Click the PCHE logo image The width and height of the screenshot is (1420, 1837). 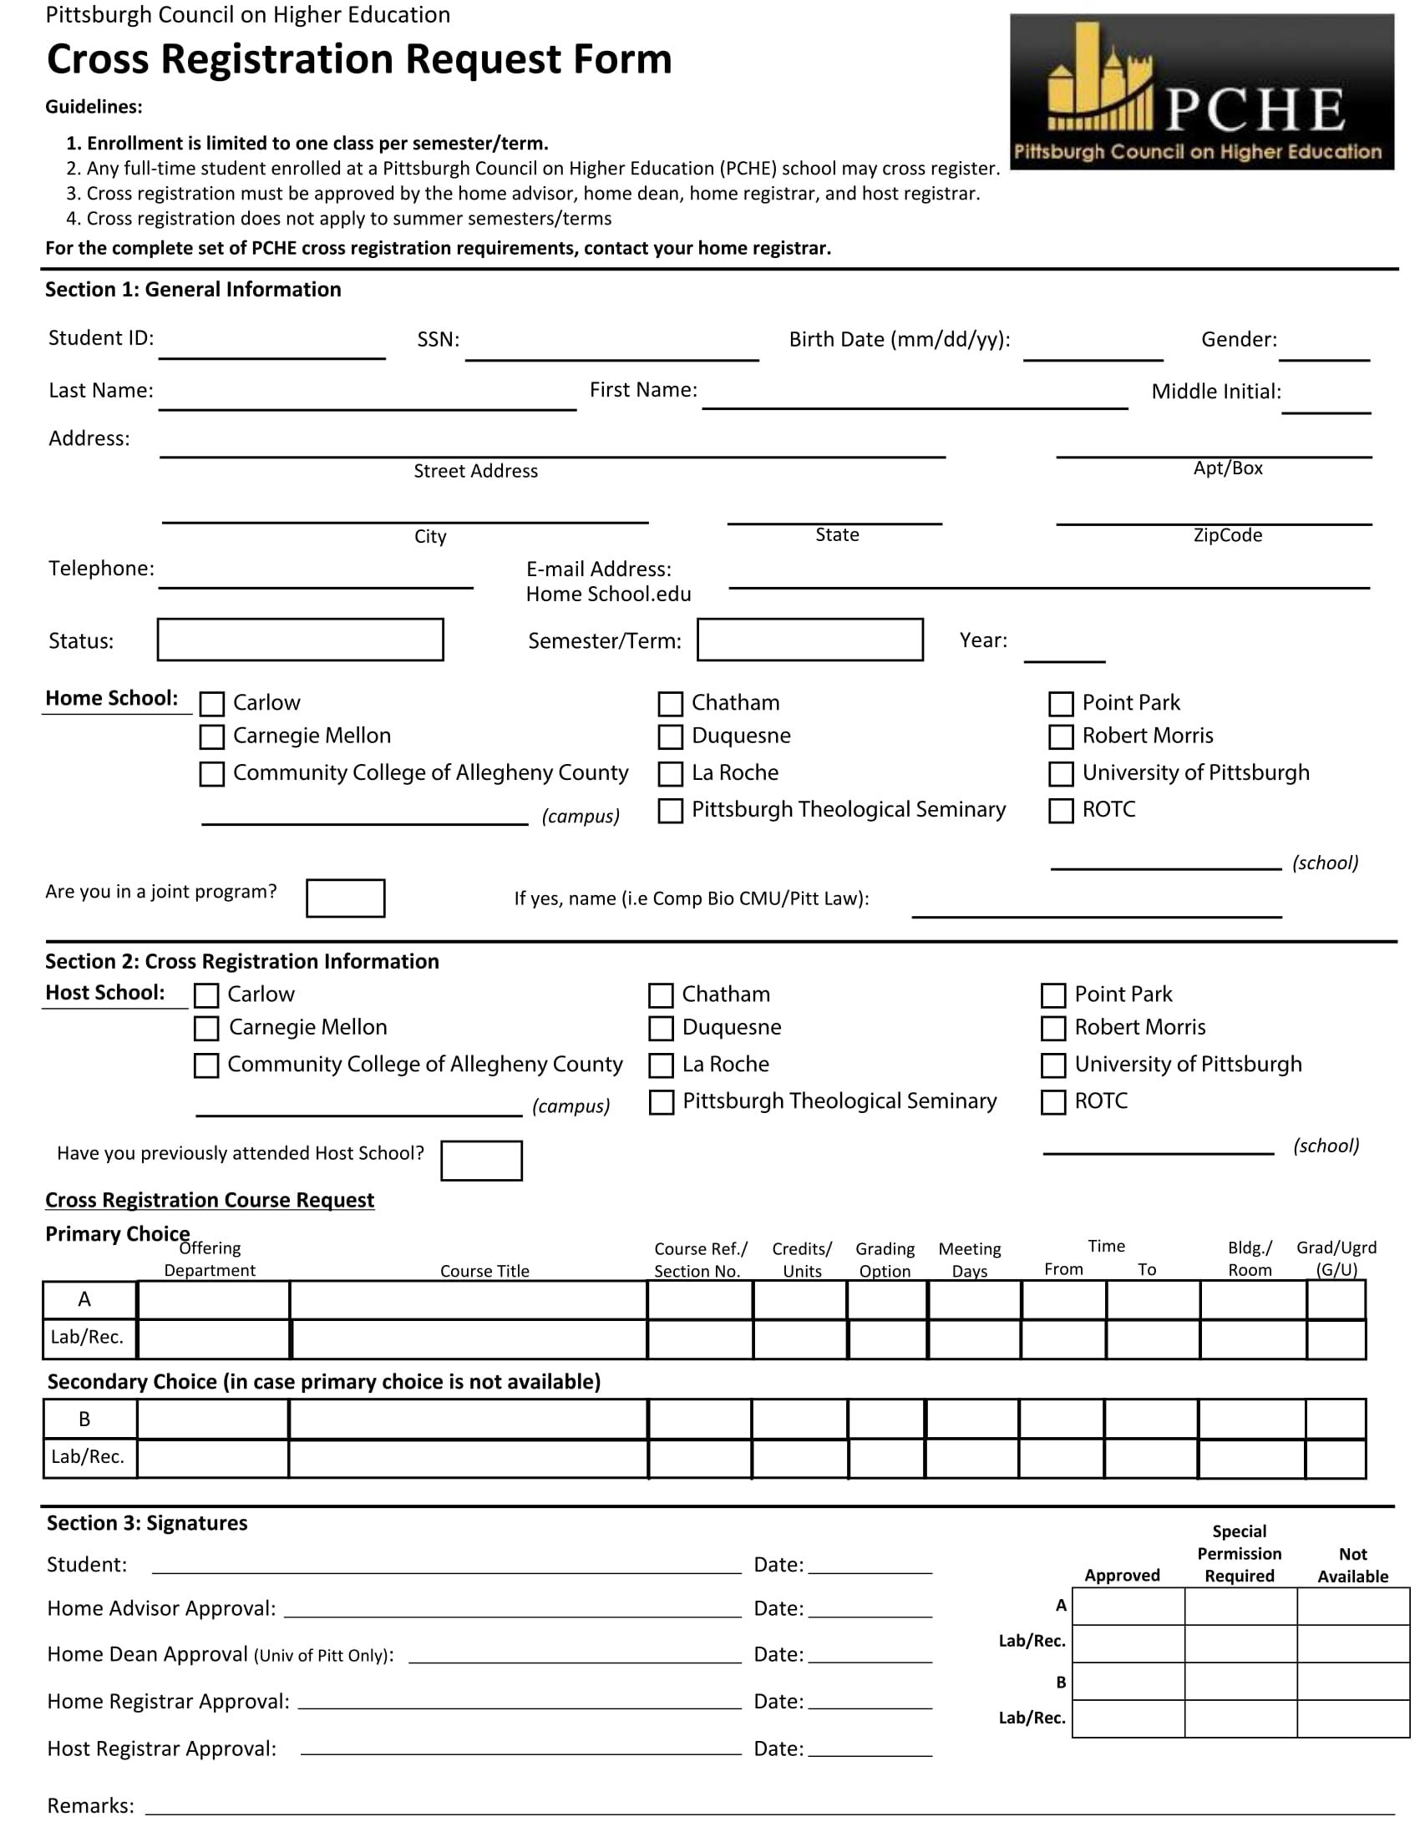[1201, 92]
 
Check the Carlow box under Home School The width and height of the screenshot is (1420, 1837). [212, 703]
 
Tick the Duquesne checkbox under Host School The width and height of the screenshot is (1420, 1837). [662, 1028]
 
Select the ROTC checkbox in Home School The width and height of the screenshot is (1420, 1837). [1061, 811]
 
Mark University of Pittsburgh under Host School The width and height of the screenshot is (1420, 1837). [1053, 1065]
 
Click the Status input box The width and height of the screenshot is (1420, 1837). [301, 640]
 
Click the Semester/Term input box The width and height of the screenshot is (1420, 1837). [810, 640]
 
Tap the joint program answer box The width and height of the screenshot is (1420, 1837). [346, 898]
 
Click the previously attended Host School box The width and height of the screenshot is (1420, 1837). [481, 1161]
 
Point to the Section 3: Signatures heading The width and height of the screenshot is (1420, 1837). [147, 1523]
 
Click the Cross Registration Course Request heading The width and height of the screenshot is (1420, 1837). [210, 1200]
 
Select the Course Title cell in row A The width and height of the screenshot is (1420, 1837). [469, 1300]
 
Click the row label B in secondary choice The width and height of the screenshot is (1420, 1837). [85, 1419]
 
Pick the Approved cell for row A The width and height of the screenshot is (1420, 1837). [1128, 1607]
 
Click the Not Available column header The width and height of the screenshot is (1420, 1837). [1352, 1566]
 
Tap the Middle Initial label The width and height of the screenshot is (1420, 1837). [1215, 391]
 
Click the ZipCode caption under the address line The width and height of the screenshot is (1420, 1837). [1227, 535]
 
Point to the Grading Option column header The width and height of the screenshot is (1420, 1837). [885, 1260]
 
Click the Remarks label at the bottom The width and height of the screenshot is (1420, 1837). [91, 1806]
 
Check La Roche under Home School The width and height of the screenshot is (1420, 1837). [671, 774]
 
